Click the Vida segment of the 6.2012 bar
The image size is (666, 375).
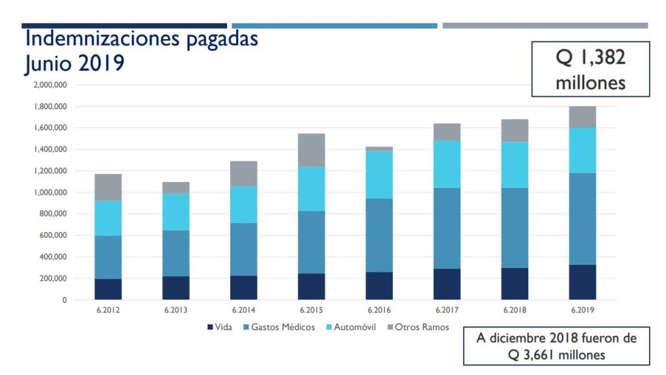pyautogui.click(x=108, y=289)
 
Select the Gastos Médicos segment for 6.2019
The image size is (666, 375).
pyautogui.click(x=582, y=218)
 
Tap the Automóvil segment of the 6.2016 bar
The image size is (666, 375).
pyautogui.click(x=379, y=174)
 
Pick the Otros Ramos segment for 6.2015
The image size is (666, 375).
pyautogui.click(x=311, y=150)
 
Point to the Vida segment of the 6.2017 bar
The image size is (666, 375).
pyautogui.click(x=447, y=284)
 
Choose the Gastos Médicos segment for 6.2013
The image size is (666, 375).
pyautogui.click(x=176, y=253)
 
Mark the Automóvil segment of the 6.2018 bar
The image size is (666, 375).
pyautogui.click(x=514, y=164)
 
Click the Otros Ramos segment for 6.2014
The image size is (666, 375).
pyautogui.click(x=243, y=174)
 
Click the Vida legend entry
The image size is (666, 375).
pyautogui.click(x=220, y=327)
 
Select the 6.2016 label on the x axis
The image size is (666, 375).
pyautogui.click(x=379, y=310)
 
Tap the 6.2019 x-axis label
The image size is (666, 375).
pyautogui.click(x=582, y=310)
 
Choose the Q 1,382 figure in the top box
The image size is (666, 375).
pyautogui.click(x=591, y=58)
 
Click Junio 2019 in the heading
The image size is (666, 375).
pyautogui.click(x=74, y=63)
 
